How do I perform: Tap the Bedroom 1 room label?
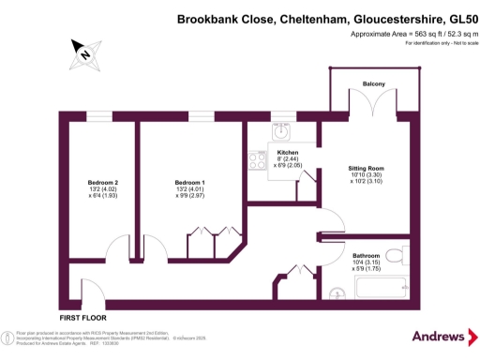pos(189,182)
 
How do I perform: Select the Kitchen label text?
pos(287,152)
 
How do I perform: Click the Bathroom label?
pos(367,255)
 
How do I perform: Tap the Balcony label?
pos(374,83)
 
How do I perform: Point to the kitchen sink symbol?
pos(281,131)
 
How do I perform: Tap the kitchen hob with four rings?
pos(255,161)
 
